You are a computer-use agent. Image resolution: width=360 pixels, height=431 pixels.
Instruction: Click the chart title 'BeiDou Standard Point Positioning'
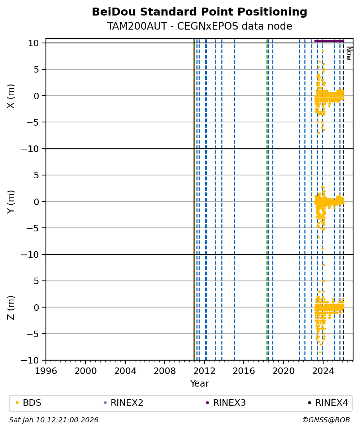point(199,12)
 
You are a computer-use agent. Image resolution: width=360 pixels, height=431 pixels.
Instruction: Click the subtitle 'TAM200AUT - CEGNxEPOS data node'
point(199,26)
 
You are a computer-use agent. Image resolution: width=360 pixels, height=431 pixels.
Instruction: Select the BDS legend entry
point(32,403)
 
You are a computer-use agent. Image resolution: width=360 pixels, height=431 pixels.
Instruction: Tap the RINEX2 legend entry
point(124,403)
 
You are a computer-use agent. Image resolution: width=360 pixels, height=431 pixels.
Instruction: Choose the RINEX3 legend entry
point(229,403)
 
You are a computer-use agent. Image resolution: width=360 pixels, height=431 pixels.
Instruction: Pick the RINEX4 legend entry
point(331,403)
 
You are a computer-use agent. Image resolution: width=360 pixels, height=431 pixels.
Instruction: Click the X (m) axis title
point(11,96)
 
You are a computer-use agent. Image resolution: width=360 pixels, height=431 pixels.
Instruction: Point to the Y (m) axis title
point(11,201)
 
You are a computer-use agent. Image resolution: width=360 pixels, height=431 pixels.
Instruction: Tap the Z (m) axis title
point(11,307)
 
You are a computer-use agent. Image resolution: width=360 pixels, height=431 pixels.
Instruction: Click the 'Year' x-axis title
point(199,384)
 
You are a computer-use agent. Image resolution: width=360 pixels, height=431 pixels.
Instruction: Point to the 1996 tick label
point(46,370)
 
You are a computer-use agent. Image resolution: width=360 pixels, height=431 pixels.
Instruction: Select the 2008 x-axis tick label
point(165,370)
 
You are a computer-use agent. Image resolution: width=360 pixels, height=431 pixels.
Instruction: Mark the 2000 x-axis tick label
point(86,370)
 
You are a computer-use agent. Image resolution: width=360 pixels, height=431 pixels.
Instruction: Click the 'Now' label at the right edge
point(349,53)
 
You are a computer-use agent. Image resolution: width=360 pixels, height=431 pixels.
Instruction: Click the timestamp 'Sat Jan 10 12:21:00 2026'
point(53,420)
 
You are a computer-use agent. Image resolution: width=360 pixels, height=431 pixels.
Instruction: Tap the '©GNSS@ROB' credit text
point(326,420)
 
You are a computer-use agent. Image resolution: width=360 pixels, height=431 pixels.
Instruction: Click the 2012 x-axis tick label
point(204,370)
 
